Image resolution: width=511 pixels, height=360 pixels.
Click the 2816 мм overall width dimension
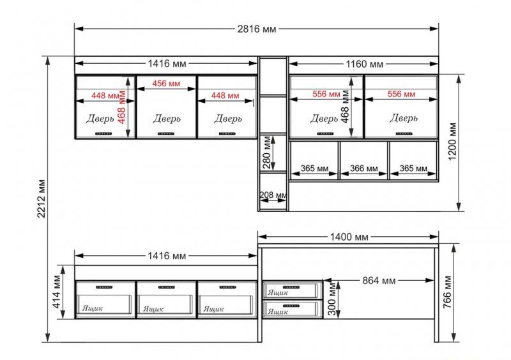point(257,29)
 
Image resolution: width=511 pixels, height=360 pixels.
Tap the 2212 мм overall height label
point(41,199)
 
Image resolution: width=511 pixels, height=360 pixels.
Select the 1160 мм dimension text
point(364,64)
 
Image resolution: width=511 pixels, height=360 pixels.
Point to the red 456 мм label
point(166,84)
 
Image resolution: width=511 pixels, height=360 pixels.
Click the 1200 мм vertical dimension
point(452,142)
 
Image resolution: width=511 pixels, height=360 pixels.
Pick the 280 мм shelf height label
point(267,153)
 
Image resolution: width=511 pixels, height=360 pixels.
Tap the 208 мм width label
point(273,195)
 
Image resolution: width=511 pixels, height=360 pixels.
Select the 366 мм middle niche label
point(363,169)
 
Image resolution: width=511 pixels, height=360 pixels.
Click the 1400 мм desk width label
point(349,237)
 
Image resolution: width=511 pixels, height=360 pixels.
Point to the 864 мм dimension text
point(379,280)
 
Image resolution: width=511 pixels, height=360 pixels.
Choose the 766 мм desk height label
point(448,292)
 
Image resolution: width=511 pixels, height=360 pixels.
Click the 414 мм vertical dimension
point(57,292)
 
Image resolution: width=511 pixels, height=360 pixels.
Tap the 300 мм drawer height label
point(332,299)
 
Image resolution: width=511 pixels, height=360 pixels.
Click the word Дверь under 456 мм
point(167,119)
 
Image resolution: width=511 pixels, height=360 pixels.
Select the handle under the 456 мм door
point(166,133)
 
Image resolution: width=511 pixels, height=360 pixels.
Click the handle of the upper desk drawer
point(291,287)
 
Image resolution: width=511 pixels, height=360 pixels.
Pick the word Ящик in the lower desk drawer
point(278,311)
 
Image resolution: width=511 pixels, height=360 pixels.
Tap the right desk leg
point(436,295)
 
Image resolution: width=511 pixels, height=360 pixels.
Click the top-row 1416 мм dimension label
point(167,64)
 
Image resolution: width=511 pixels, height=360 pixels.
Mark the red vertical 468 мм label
point(121,107)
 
